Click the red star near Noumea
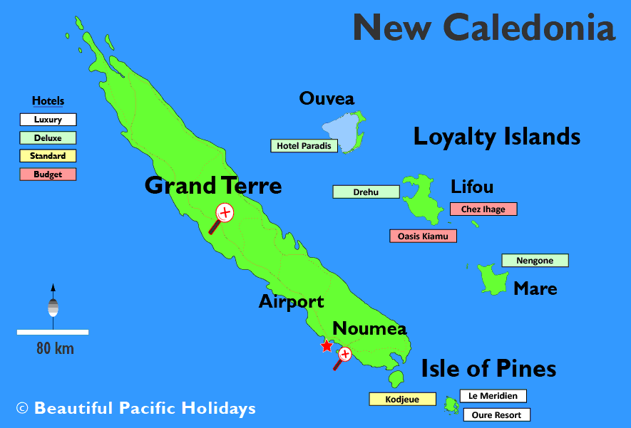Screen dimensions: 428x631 coord(327,346)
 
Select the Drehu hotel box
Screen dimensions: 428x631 coord(366,192)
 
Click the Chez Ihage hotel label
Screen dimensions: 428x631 coord(483,209)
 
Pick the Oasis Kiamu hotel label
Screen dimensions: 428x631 coord(424,236)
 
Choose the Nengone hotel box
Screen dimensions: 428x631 coord(535,261)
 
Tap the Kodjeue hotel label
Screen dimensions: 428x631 coord(402,400)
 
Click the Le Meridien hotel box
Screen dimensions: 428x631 coord(493,396)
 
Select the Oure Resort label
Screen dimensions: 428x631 coord(496,415)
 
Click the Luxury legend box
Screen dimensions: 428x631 coord(48,120)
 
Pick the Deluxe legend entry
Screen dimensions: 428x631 coord(48,138)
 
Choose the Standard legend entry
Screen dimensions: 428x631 coord(48,156)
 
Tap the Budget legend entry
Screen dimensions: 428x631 coord(48,174)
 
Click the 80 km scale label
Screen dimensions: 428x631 coord(55,349)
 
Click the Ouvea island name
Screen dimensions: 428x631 coord(327,98)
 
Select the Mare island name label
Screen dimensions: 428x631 coord(535,289)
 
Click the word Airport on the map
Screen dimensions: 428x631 coord(291,301)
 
